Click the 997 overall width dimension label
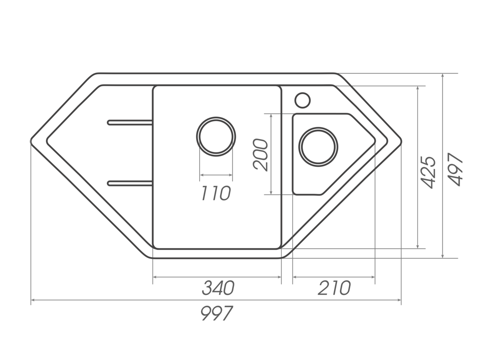pyautogui.click(x=216, y=313)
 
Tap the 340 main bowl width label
pyautogui.click(x=218, y=288)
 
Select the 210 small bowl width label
pyautogui.click(x=334, y=288)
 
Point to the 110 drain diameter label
pyautogui.click(x=216, y=193)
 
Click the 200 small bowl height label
pyautogui.click(x=260, y=155)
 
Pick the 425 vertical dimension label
pyautogui.click(x=428, y=173)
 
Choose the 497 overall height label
pyautogui.click(x=455, y=169)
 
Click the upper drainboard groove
pyautogui.click(x=130, y=122)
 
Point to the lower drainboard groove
pyautogui.click(x=130, y=183)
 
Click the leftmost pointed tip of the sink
pyautogui.click(x=30, y=142)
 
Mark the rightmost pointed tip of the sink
pyautogui.click(x=402, y=142)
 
